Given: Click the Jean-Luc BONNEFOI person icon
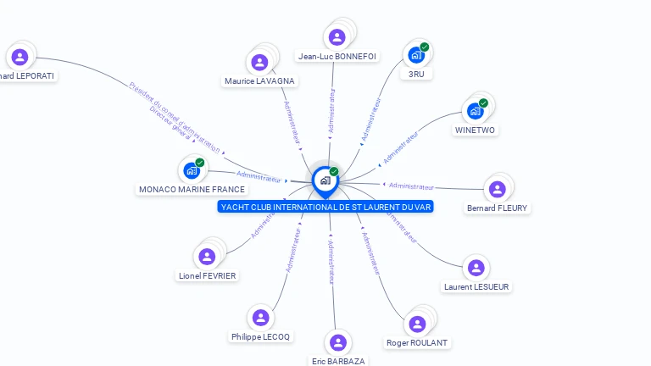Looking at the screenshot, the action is pos(337,37).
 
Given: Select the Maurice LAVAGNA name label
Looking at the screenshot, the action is pos(259,81).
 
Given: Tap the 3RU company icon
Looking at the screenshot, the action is pos(415,55).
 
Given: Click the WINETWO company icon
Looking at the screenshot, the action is pos(475,111).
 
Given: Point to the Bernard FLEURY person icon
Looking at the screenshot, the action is pos(497,189).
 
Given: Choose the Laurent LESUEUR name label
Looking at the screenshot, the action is pos(476,286).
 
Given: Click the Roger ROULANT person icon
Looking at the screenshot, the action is pos(417,324).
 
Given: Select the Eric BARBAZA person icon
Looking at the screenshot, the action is pos(338,342).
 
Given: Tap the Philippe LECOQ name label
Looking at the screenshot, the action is pos(260,336).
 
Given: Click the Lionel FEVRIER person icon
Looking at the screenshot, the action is pos(207,257).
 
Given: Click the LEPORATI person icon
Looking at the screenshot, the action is pos(19,58).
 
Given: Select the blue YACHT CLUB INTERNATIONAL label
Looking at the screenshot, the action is pos(325,207).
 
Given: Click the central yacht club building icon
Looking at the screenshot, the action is pos(325,180).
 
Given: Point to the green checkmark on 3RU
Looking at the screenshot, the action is pos(425,47).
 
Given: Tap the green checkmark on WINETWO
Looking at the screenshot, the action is pos(483,103).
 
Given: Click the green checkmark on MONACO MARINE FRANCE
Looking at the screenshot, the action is pos(200,163).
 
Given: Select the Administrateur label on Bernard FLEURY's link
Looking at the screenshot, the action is pos(412,186).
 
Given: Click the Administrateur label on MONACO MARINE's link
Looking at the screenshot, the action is pos(259,177).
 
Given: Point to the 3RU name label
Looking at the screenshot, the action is pos(415,75).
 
